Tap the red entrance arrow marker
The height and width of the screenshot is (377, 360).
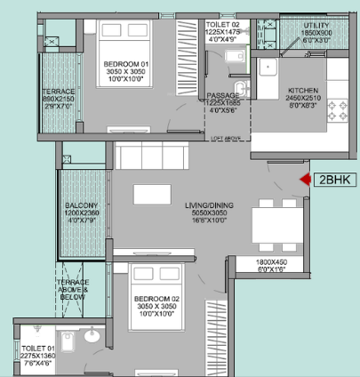[x=304, y=180]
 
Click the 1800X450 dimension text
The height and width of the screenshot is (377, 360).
[x=272, y=263]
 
